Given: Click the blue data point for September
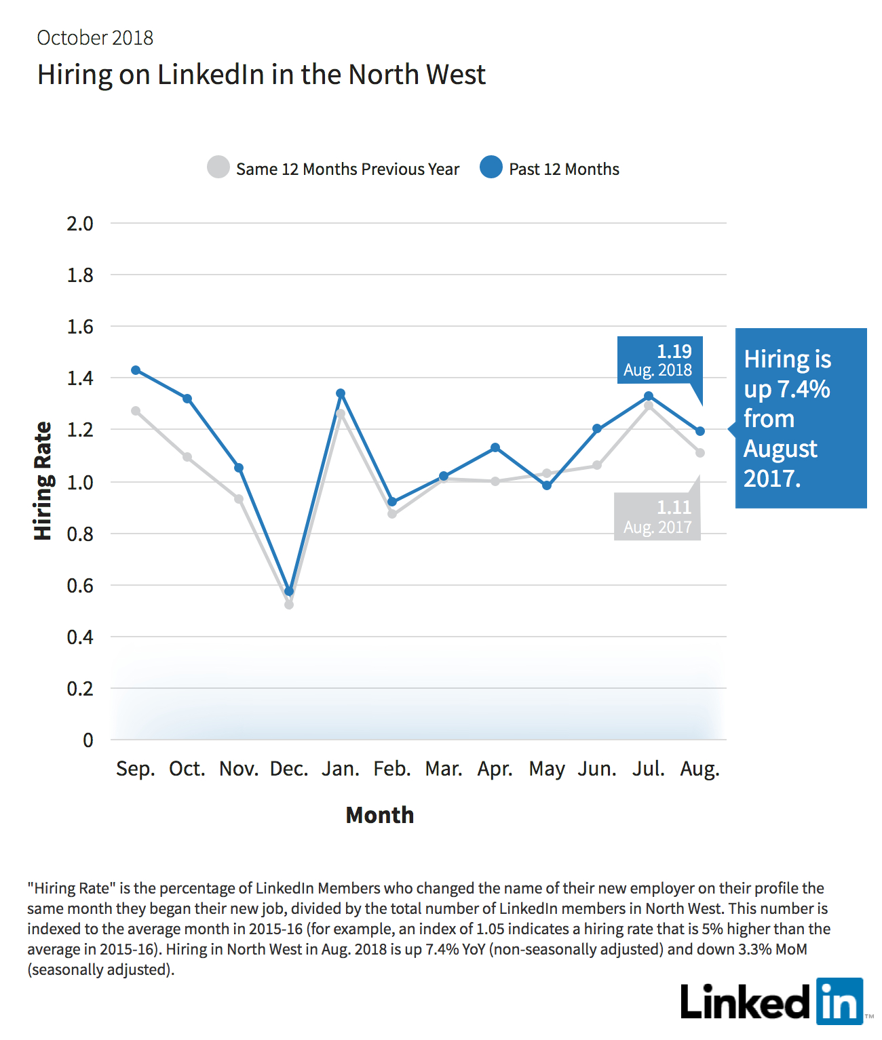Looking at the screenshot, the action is (136, 369).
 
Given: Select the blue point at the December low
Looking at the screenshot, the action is (289, 591).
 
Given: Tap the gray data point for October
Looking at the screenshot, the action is (187, 457).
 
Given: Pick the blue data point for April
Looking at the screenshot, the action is (495, 447).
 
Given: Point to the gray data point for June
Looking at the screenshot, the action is (597, 465).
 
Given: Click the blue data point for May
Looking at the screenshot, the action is (547, 485).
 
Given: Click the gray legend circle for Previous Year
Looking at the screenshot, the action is (218, 167).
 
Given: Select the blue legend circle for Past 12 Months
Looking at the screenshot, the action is (491, 167).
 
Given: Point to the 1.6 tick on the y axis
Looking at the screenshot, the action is (80, 327).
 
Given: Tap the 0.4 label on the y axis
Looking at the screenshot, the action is (80, 637).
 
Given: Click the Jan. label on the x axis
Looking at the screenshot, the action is (341, 769).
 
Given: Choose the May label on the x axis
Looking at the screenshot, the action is (547, 769).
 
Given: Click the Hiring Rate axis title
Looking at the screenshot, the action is (43, 481).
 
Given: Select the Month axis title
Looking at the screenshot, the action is (379, 815).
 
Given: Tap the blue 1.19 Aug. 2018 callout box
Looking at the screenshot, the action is (660, 360).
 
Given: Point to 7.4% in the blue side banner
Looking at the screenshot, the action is (804, 389).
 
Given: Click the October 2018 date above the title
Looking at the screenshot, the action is (95, 38).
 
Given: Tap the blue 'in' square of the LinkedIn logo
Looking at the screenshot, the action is (840, 1001).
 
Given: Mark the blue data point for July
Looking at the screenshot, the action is (649, 396).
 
